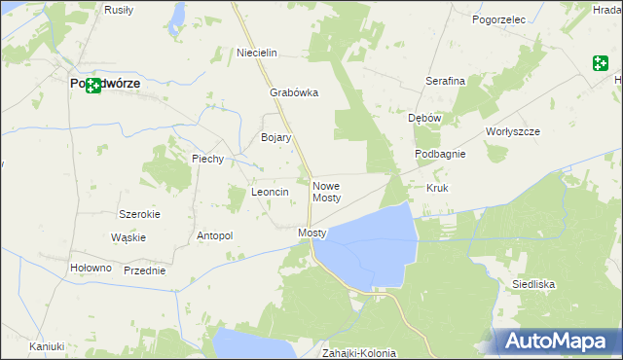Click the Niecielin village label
[258, 52]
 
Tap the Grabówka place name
[294, 93]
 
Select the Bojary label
[276, 137]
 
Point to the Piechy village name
[208, 159]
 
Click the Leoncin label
[271, 192]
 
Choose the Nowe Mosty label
[326, 191]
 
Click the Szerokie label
[138, 214]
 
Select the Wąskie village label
[128, 237]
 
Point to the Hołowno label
[92, 268]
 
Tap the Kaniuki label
[47, 346]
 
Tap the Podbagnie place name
[440, 154]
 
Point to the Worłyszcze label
[512, 130]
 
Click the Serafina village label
[445, 81]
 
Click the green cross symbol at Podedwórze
[93, 86]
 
